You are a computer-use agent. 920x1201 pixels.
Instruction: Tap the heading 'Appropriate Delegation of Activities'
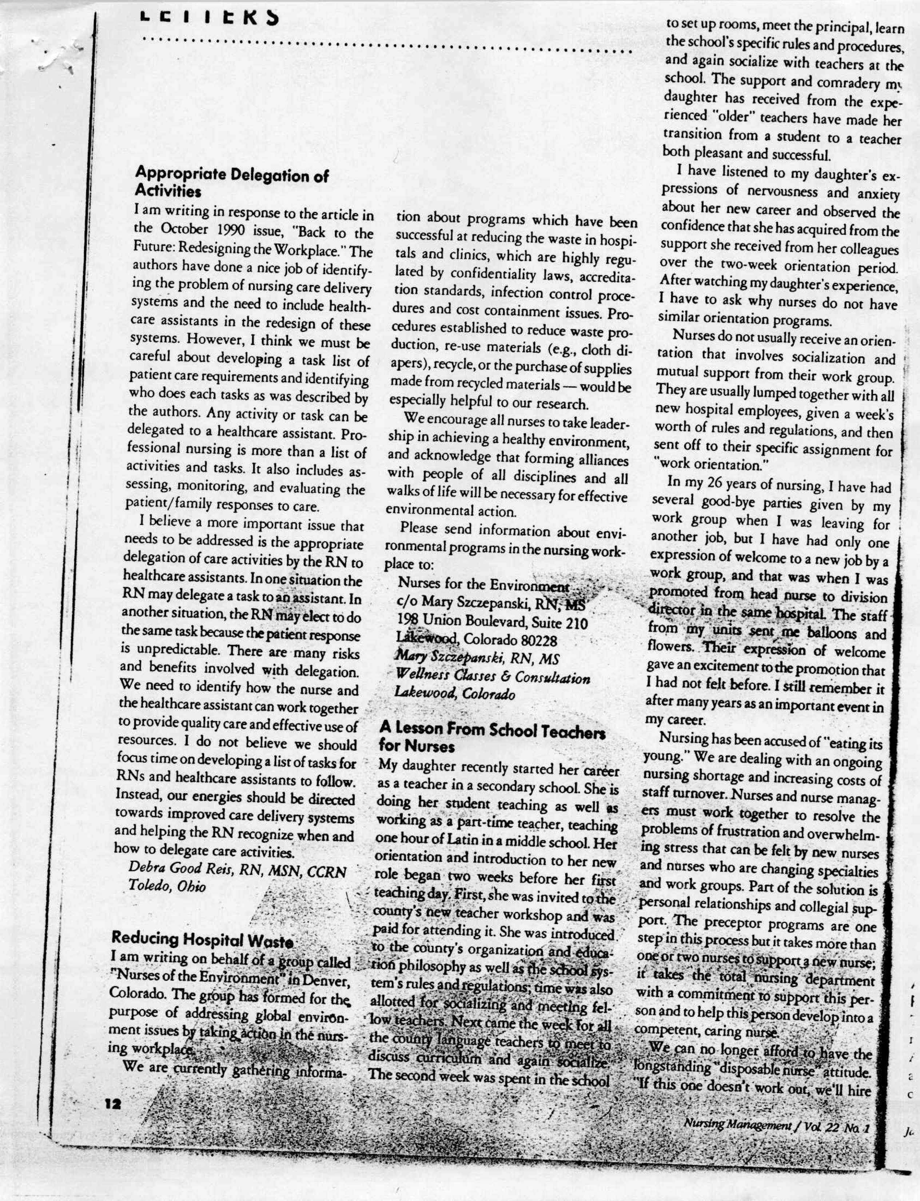pos(231,183)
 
